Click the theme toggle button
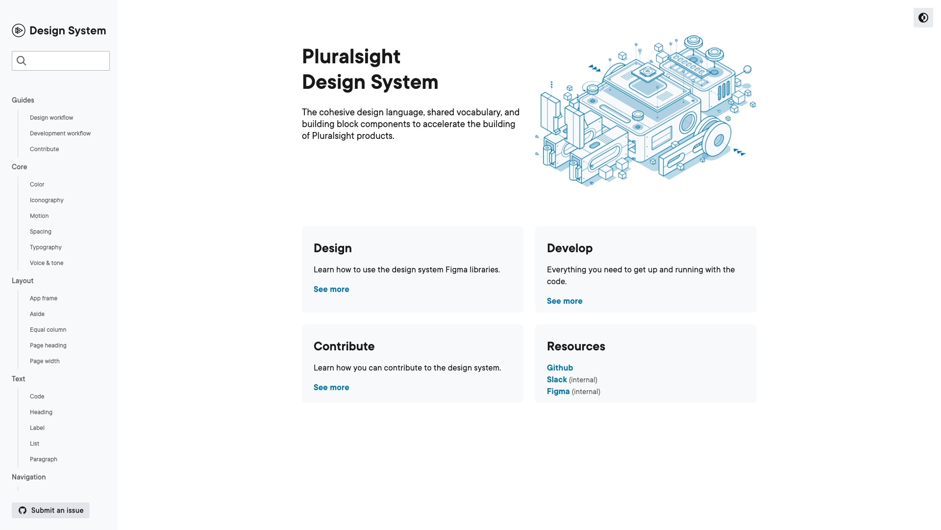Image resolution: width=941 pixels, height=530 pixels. pos(923,18)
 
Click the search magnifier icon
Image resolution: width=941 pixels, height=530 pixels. pos(22,61)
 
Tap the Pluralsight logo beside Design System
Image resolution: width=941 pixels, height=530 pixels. pos(19,30)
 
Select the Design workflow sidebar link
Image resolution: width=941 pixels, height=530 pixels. pos(51,118)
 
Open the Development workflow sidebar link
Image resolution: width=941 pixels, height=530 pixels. pos(60,133)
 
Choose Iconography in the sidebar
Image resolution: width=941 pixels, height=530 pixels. pos(47,200)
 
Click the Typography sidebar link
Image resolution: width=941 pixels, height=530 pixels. pos(46,247)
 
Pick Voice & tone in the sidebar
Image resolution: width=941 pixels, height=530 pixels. pos(47,263)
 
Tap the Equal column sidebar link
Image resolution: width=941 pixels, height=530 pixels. pos(48,330)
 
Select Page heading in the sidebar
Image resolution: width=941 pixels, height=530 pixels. pos(48,345)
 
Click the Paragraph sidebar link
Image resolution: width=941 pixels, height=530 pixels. pos(44,459)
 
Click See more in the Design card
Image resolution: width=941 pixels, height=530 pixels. pos(331,290)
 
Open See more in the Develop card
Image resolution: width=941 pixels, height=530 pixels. pos(565,301)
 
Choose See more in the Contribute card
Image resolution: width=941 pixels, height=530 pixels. pos(331,388)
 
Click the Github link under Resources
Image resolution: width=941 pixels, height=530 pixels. pos(560,368)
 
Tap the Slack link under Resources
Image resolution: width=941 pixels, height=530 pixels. pos(557,380)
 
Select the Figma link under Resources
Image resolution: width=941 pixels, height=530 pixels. pos(558,392)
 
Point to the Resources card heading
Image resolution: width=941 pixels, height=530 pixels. pos(576,346)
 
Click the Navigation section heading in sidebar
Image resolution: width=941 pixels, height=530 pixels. pos(29,477)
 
